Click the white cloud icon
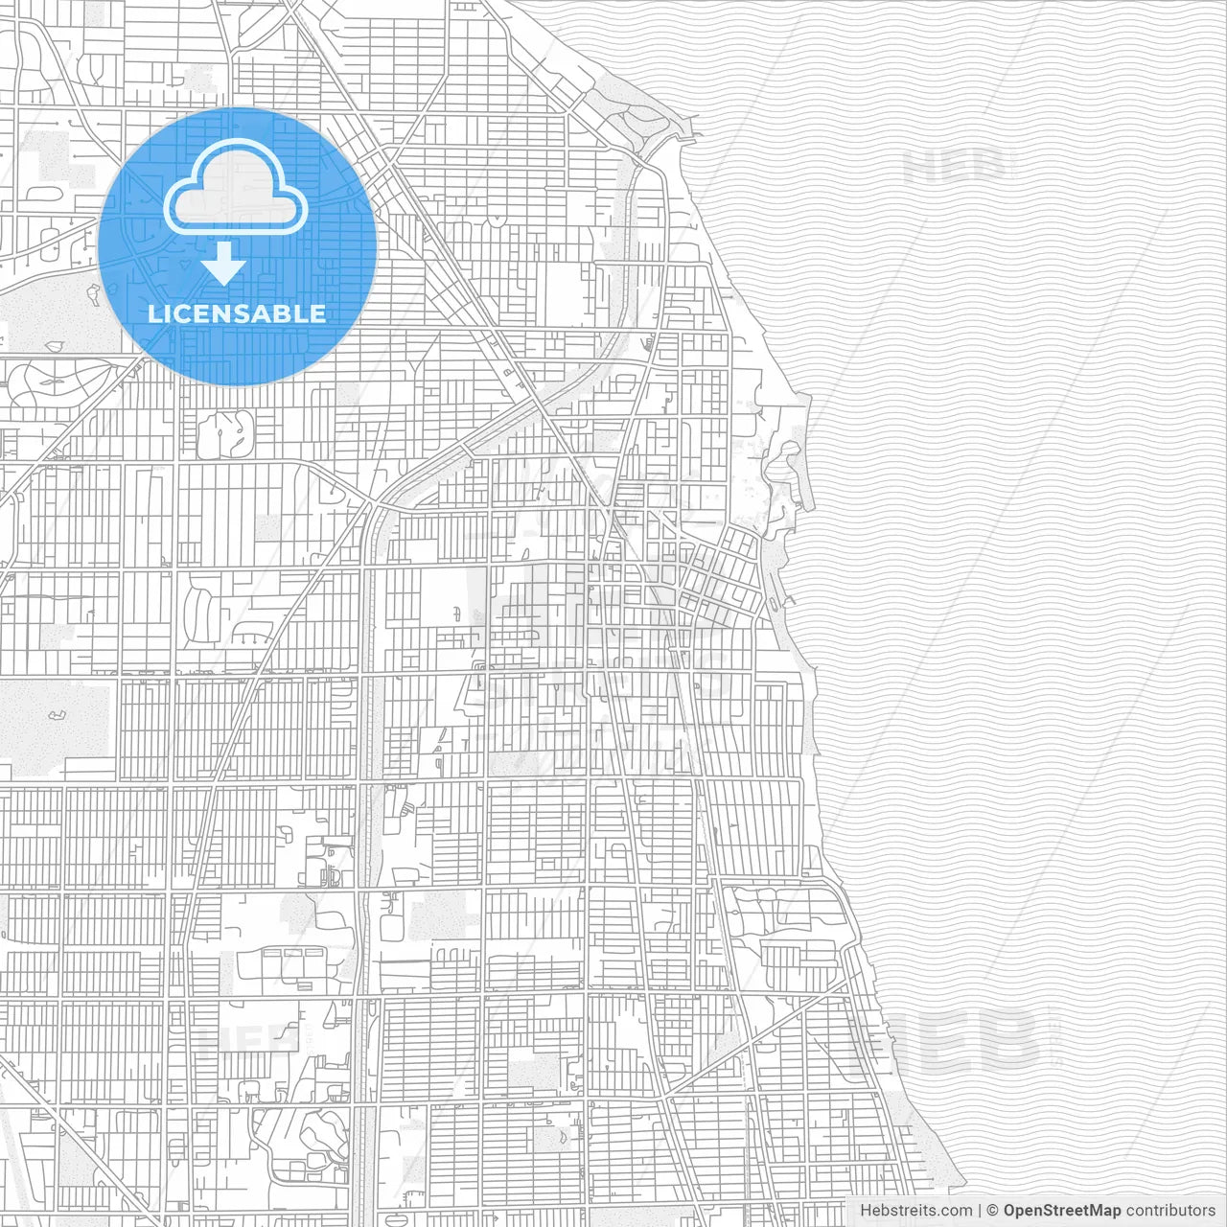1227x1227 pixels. [x=236, y=188]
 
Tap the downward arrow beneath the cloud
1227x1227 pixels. [x=224, y=264]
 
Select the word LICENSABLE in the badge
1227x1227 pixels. [x=237, y=313]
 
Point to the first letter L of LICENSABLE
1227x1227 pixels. [x=154, y=313]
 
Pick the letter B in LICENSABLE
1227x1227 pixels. [x=289, y=313]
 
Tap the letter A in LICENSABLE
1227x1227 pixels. [x=266, y=313]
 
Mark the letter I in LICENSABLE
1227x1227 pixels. [x=167, y=313]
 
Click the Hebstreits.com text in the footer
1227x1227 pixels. [x=915, y=1211]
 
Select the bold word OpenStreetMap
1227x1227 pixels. [x=1062, y=1211]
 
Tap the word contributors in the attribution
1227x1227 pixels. [x=1170, y=1211]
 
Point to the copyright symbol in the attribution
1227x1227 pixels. [x=993, y=1211]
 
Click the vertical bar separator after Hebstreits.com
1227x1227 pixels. [x=980, y=1211]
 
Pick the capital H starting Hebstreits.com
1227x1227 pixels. [x=866, y=1211]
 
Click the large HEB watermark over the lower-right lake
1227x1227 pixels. [x=944, y=1040]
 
